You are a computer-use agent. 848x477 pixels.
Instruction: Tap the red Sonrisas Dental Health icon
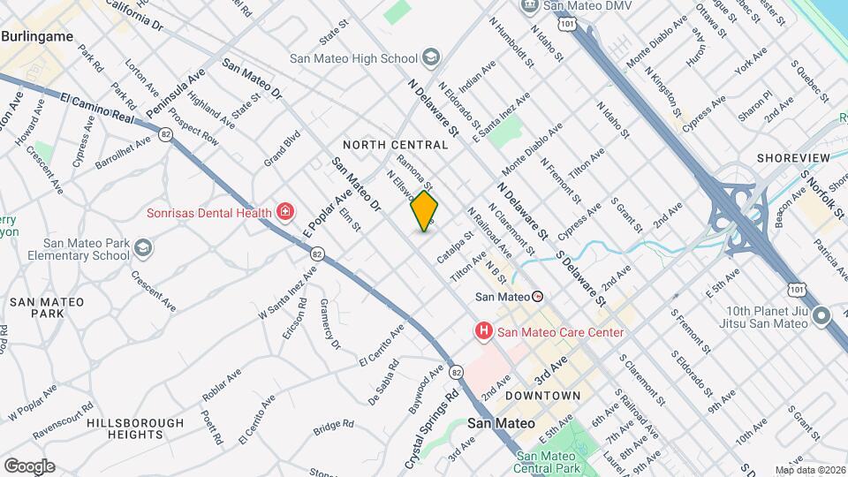[285, 212]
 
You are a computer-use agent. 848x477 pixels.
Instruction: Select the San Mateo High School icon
[430, 59]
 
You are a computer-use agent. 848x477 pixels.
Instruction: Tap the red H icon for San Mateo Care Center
[483, 332]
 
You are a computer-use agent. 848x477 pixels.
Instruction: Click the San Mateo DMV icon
[529, 5]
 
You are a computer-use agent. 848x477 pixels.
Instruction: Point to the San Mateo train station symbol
[538, 297]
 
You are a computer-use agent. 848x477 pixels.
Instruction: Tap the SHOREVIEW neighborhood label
[793, 157]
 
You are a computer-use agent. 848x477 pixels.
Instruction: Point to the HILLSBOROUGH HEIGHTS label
[124, 429]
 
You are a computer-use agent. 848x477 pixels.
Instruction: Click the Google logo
[29, 466]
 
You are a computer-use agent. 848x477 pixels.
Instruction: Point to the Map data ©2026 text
[810, 470]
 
